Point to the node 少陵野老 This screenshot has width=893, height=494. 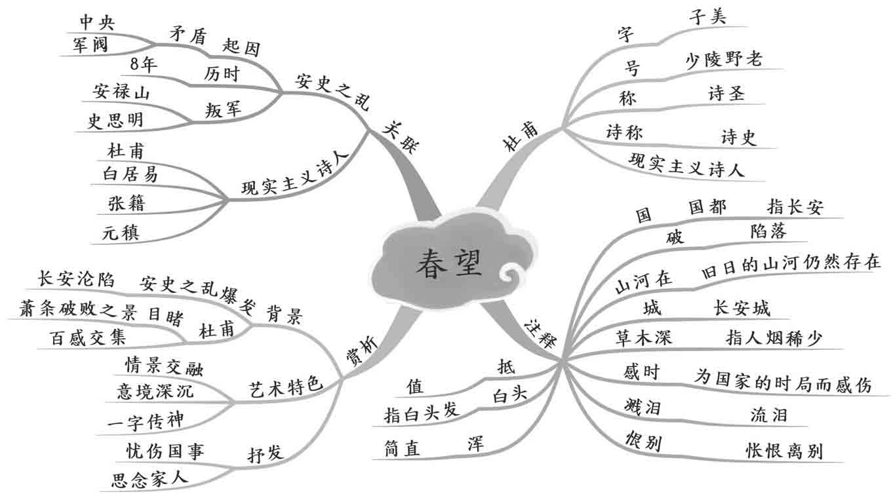pyautogui.click(x=724, y=60)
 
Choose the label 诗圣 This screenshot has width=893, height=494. pyautogui.click(x=726, y=94)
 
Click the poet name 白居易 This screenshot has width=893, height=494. pyautogui.click(x=130, y=174)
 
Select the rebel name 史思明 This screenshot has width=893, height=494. pyautogui.click(x=115, y=121)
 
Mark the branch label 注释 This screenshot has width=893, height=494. pyautogui.click(x=540, y=332)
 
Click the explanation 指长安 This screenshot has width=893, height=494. pyautogui.click(x=795, y=208)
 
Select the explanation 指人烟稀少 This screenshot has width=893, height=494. pyautogui.click(x=774, y=337)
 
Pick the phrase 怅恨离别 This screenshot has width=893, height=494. pyautogui.click(x=784, y=451)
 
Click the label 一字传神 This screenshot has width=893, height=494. pyautogui.click(x=145, y=421)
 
